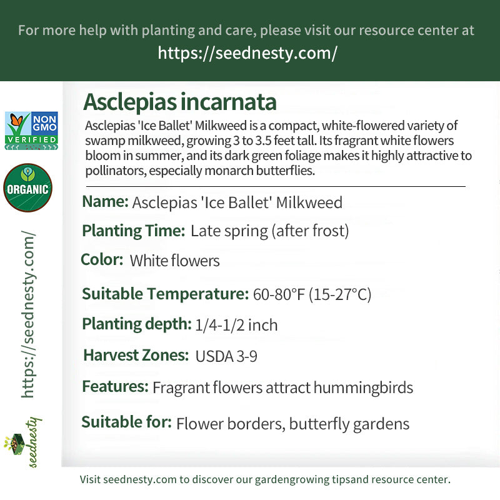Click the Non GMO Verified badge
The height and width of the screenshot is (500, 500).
31,131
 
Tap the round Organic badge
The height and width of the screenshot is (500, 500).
27,188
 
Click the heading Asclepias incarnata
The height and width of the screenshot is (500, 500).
179,102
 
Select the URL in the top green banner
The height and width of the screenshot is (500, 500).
247,52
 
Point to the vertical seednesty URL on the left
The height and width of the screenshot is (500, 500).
28,314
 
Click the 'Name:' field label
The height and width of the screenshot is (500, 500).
105,202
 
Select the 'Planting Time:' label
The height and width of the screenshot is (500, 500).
133,231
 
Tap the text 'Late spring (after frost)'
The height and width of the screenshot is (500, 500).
269,231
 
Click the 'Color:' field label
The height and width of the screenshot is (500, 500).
102,259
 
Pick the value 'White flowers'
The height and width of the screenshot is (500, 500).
174,261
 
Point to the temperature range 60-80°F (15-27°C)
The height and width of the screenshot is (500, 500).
312,294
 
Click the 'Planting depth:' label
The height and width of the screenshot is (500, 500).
136,324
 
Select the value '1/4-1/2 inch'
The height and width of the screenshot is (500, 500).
236,325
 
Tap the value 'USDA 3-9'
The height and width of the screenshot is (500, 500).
226,356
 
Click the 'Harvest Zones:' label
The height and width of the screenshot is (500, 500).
136,355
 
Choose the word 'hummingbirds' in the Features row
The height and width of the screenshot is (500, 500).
363,387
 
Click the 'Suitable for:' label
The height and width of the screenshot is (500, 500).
126,422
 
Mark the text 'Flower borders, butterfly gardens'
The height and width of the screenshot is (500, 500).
292,424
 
